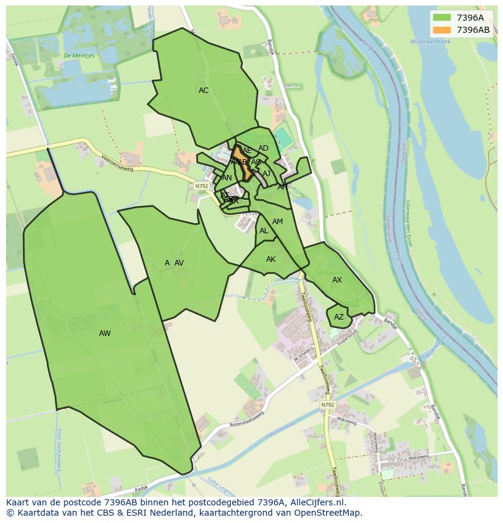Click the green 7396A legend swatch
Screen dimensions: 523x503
(x=442, y=18)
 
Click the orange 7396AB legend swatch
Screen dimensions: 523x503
(x=442, y=30)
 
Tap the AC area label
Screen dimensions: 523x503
(x=204, y=91)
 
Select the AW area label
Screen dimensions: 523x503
(x=104, y=333)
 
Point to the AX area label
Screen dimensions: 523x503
(x=337, y=280)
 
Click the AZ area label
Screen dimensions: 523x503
(x=339, y=317)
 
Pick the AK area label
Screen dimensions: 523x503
(x=271, y=259)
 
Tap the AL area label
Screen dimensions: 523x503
(x=264, y=231)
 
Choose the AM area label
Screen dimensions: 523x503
(x=278, y=222)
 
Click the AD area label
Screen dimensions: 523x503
(x=263, y=148)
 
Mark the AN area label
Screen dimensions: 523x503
(x=227, y=178)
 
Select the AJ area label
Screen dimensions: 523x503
(x=266, y=174)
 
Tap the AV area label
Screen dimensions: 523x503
(x=179, y=263)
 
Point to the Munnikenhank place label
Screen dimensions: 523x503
(x=430, y=42)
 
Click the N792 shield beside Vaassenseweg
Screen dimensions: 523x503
(x=202, y=186)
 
